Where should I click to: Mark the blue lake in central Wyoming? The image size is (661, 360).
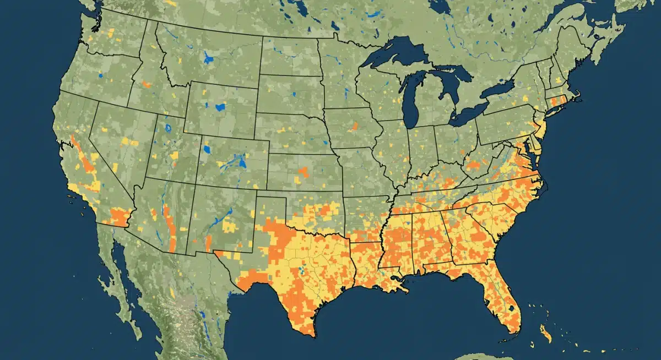click(220, 107)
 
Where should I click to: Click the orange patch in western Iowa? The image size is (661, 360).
click(353, 126)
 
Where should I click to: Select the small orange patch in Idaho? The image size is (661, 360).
click(146, 85)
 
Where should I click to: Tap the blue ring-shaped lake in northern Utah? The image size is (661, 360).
click(167, 130)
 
